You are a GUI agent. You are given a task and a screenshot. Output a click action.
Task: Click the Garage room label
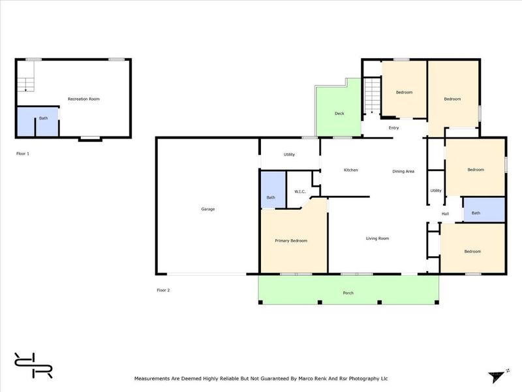207,209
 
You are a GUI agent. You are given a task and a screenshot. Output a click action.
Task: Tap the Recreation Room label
84,99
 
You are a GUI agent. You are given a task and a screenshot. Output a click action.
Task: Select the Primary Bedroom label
291,240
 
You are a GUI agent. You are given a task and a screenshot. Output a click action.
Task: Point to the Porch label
348,293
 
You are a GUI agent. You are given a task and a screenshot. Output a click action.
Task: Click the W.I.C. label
299,191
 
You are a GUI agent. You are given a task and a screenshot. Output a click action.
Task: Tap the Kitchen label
351,170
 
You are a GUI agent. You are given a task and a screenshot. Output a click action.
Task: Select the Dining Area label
403,171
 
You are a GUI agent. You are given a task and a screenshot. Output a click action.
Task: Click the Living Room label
378,238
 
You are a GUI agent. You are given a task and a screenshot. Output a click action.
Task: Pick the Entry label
393,127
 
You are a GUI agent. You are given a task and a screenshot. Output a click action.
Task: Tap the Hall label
445,214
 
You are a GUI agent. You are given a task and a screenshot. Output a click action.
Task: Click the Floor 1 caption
23,154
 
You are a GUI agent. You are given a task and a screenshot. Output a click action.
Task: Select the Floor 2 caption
163,290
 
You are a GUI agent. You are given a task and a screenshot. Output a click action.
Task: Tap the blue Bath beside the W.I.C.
273,190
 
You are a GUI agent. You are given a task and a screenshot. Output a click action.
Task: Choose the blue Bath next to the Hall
484,210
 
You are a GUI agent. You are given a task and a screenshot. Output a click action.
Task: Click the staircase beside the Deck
372,96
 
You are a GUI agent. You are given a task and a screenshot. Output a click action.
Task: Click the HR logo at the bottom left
33,365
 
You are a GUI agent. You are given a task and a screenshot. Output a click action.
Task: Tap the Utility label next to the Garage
289,154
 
